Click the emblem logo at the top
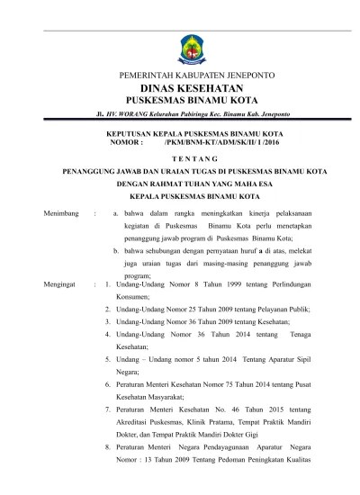[x=179, y=40]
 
